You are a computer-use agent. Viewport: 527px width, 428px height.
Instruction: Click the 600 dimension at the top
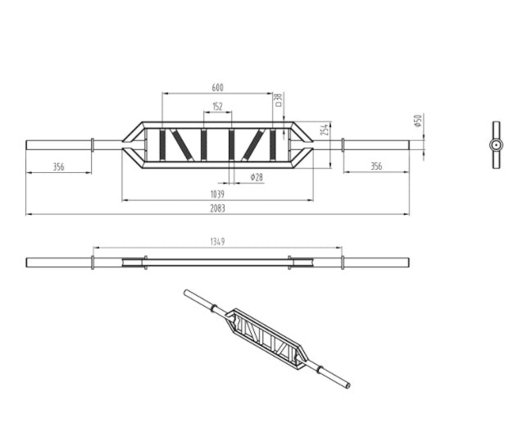click(218, 87)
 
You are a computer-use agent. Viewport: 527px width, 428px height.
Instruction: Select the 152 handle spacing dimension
click(217, 107)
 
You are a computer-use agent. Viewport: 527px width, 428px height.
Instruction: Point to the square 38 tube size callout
click(278, 100)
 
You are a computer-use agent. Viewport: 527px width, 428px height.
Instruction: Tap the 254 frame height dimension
click(325, 130)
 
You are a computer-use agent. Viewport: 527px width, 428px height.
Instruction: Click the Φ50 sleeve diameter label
click(417, 121)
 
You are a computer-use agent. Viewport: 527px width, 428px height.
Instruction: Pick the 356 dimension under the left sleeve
click(58, 166)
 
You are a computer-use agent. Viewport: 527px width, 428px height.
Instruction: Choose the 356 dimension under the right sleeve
click(375, 166)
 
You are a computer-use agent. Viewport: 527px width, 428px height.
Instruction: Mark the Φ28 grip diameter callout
click(257, 177)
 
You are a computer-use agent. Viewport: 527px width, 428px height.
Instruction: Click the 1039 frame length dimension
click(217, 194)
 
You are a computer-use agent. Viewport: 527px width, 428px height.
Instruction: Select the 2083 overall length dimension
click(217, 208)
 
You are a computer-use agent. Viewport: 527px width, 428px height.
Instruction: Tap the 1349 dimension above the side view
click(217, 242)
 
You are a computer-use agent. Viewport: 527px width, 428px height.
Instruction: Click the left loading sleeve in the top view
click(58, 145)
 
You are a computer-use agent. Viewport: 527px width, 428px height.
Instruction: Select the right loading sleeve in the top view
click(375, 145)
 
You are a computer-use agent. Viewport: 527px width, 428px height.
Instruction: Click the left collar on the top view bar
click(93, 145)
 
